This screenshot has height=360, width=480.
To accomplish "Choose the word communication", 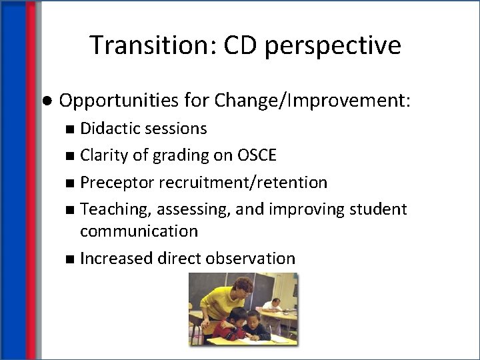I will tap(139, 231).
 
